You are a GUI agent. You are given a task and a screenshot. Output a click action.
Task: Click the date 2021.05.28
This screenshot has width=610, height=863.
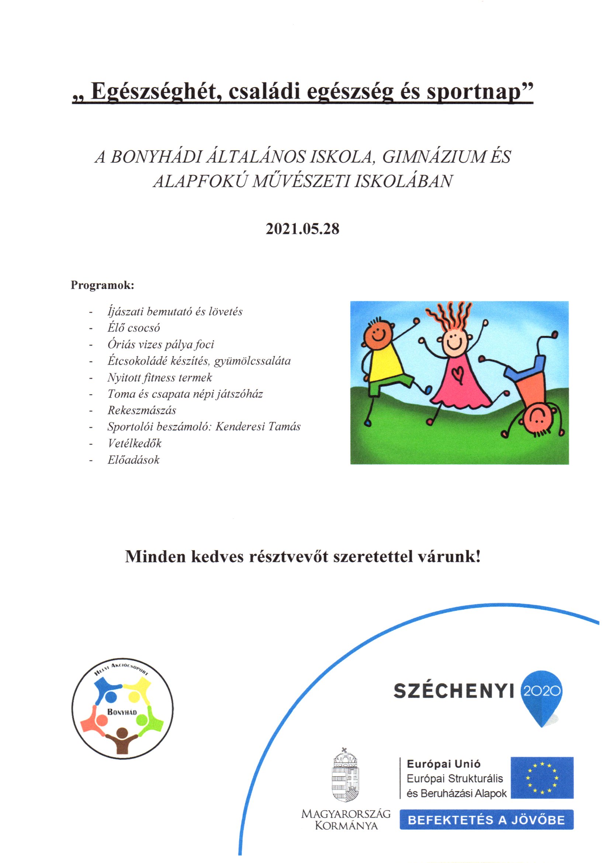[x=302, y=229]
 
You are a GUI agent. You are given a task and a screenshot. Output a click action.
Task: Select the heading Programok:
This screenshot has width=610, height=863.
[x=102, y=285]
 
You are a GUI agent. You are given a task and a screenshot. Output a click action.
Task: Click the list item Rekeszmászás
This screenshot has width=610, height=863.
[x=142, y=410]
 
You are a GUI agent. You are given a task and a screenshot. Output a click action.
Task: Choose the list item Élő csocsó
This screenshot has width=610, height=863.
[x=134, y=328]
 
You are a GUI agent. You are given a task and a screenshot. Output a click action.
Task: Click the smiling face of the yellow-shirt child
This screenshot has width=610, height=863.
[x=378, y=333]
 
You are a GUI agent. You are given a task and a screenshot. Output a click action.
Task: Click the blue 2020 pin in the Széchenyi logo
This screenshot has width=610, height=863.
[x=542, y=691]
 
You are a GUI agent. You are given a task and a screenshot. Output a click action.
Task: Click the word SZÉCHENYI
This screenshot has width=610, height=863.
[x=454, y=691]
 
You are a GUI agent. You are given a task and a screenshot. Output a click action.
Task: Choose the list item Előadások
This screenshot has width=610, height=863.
[x=134, y=460]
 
